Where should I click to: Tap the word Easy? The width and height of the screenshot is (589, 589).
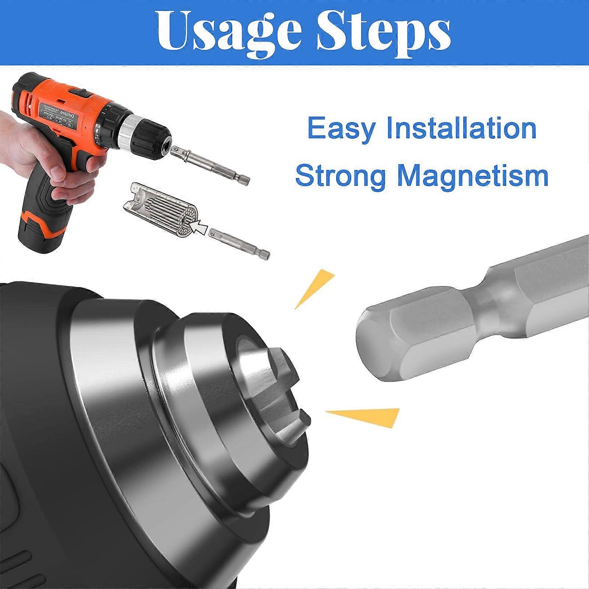[x=341, y=129]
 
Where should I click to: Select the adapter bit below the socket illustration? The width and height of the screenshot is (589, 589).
[x=239, y=243]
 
